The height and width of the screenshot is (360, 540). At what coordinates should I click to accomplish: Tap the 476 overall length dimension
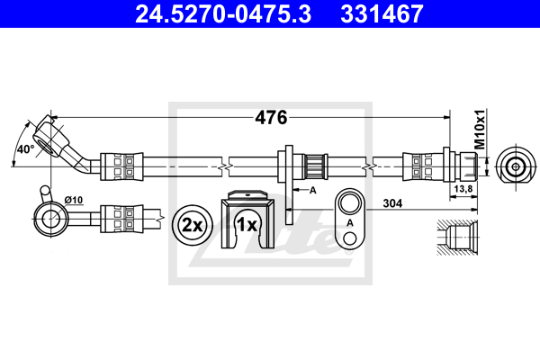[271, 117]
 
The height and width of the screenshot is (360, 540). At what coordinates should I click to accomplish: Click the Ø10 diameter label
[73, 198]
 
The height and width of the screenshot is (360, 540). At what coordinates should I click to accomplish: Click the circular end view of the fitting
[514, 166]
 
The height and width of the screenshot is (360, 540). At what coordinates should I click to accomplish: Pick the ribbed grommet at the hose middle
[314, 166]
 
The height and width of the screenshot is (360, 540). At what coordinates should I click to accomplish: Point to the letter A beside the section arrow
[312, 191]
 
